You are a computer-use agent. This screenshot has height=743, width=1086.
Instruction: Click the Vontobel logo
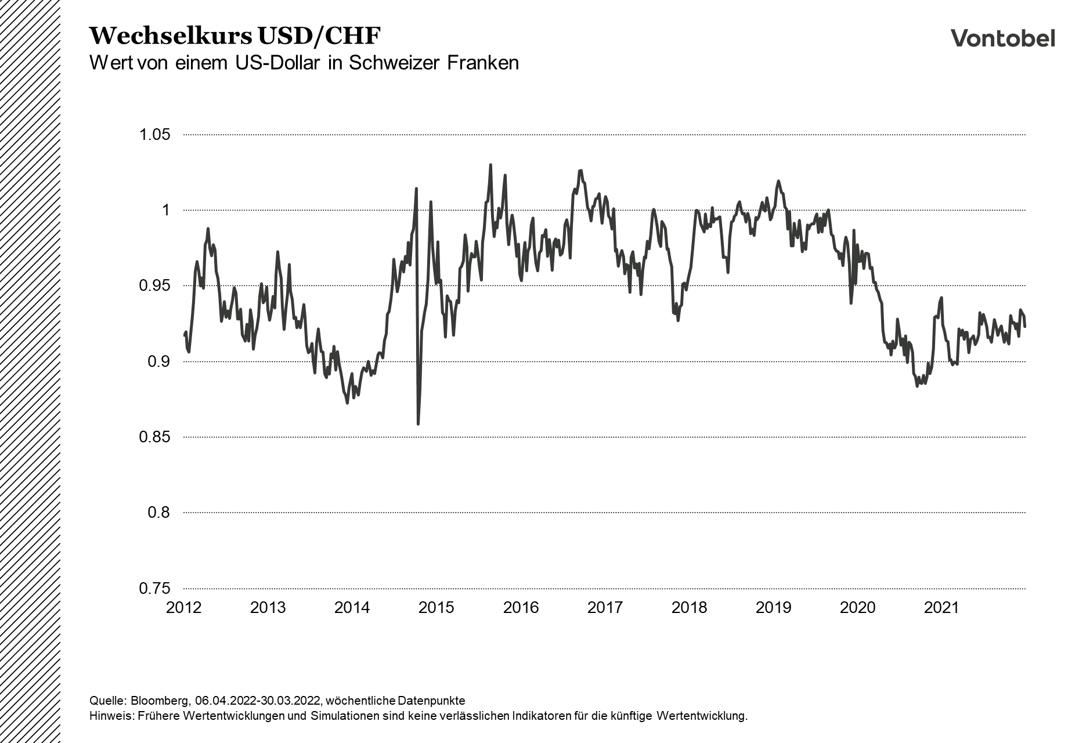[x=1002, y=38]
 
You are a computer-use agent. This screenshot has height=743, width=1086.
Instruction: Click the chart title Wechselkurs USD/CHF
[x=234, y=36]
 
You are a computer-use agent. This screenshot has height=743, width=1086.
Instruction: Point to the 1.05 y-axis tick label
[x=154, y=135]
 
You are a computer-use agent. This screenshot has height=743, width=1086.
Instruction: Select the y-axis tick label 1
[x=165, y=210]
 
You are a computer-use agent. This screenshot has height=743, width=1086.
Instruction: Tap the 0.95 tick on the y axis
[x=154, y=286]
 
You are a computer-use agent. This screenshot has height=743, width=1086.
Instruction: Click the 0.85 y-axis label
[x=154, y=437]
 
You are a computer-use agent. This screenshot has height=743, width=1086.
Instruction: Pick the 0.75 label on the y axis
[x=154, y=588]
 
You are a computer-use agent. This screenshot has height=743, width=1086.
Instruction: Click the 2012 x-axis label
[x=183, y=608]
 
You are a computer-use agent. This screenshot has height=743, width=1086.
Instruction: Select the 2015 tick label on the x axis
[x=436, y=608]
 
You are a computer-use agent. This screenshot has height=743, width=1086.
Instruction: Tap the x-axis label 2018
[x=689, y=608]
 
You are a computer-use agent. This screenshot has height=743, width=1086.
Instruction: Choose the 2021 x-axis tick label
[x=941, y=608]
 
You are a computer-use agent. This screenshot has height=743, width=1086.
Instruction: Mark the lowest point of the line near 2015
[x=418, y=424]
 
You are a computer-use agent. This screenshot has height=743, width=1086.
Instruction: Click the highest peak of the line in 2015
[x=490, y=165]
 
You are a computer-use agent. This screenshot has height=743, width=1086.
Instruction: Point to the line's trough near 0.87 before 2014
[x=347, y=403]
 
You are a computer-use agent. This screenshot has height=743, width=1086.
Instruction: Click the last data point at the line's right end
[x=1025, y=327]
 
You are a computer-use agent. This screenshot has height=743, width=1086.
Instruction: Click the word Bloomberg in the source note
[x=155, y=700]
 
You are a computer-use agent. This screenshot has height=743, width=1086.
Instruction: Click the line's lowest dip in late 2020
[x=917, y=386]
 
